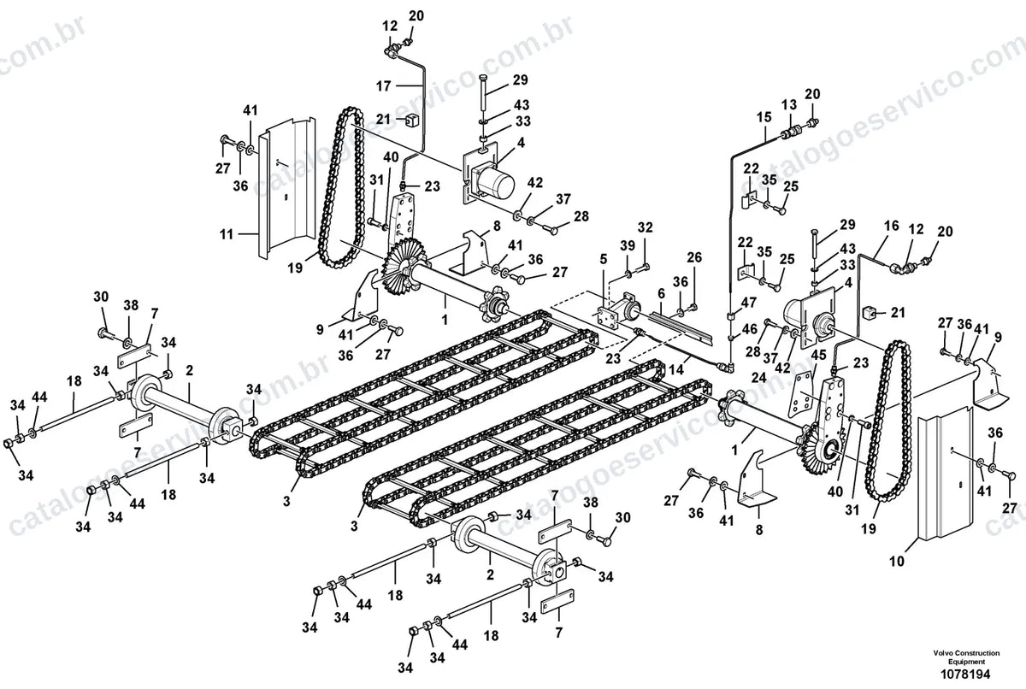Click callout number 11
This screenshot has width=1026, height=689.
pyautogui.click(x=227, y=234)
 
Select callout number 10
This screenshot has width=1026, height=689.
pyautogui.click(x=897, y=561)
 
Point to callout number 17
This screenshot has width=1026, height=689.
pyautogui.click(x=384, y=85)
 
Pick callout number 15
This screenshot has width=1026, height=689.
pyautogui.click(x=764, y=117)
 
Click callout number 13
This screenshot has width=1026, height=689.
pyautogui.click(x=789, y=105)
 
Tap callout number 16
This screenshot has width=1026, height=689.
pyautogui.click(x=891, y=226)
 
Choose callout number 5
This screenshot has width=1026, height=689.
pyautogui.click(x=604, y=259)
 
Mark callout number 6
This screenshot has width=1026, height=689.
pyautogui.click(x=661, y=294)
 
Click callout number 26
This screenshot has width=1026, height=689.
pyautogui.click(x=694, y=258)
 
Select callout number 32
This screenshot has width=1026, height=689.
pyautogui.click(x=645, y=227)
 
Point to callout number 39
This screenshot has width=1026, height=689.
pyautogui.click(x=628, y=246)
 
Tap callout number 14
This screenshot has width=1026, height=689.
pyautogui.click(x=676, y=369)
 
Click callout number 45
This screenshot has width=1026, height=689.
pyautogui.click(x=818, y=356)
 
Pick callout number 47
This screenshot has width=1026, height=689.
pyautogui.click(x=750, y=303)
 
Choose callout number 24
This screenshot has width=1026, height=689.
pyautogui.click(x=758, y=378)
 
